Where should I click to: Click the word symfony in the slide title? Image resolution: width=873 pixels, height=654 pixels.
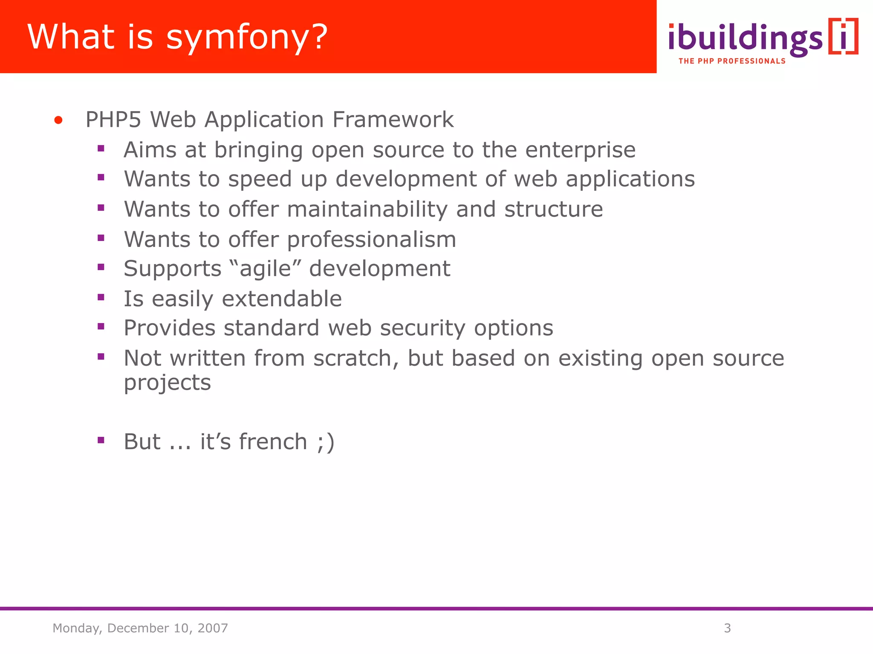click(247, 38)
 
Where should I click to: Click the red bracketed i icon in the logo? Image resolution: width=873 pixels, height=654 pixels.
click(843, 37)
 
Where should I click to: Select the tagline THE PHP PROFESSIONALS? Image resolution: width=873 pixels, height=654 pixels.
click(731, 61)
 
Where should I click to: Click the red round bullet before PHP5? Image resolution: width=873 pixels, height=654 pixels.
click(58, 120)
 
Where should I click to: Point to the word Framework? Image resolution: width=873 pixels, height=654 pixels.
click(393, 120)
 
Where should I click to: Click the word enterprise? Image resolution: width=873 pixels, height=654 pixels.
click(580, 150)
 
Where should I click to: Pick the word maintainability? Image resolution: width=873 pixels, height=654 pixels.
click(367, 209)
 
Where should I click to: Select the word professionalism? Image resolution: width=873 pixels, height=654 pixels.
click(371, 239)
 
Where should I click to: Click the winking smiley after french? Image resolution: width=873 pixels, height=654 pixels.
click(326, 442)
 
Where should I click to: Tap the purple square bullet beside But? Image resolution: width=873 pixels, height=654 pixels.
click(101, 440)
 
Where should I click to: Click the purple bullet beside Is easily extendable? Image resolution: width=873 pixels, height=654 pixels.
click(101, 298)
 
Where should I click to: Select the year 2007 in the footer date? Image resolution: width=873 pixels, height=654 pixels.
click(212, 628)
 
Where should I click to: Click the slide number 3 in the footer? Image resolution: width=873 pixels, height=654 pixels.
click(727, 628)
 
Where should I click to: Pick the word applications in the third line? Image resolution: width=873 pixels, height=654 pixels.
click(630, 179)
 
